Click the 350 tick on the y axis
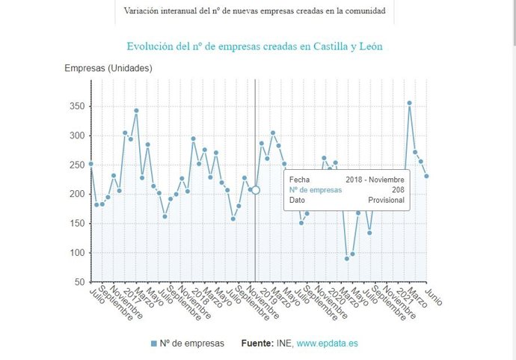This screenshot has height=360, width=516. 76,106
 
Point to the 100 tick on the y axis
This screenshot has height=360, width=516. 76,253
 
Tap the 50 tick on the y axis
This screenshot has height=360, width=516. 79,282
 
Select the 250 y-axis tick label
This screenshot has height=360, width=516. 76,165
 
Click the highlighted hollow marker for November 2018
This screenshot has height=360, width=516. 256,190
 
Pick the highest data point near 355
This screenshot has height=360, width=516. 409,103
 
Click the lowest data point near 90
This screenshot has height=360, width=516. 347,258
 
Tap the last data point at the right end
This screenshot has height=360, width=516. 426,176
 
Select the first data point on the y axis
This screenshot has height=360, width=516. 91,164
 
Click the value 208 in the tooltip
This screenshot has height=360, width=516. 398,190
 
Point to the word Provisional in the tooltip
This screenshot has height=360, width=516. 386,201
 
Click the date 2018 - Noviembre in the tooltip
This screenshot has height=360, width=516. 375,180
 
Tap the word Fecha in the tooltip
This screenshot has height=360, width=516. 299,180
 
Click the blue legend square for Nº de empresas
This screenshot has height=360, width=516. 154,343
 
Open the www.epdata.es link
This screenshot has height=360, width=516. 327,343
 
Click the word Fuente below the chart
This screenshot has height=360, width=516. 259,343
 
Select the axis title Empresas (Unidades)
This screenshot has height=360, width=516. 108,68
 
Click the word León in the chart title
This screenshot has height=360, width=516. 369,46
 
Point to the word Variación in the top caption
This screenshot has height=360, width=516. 144,11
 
